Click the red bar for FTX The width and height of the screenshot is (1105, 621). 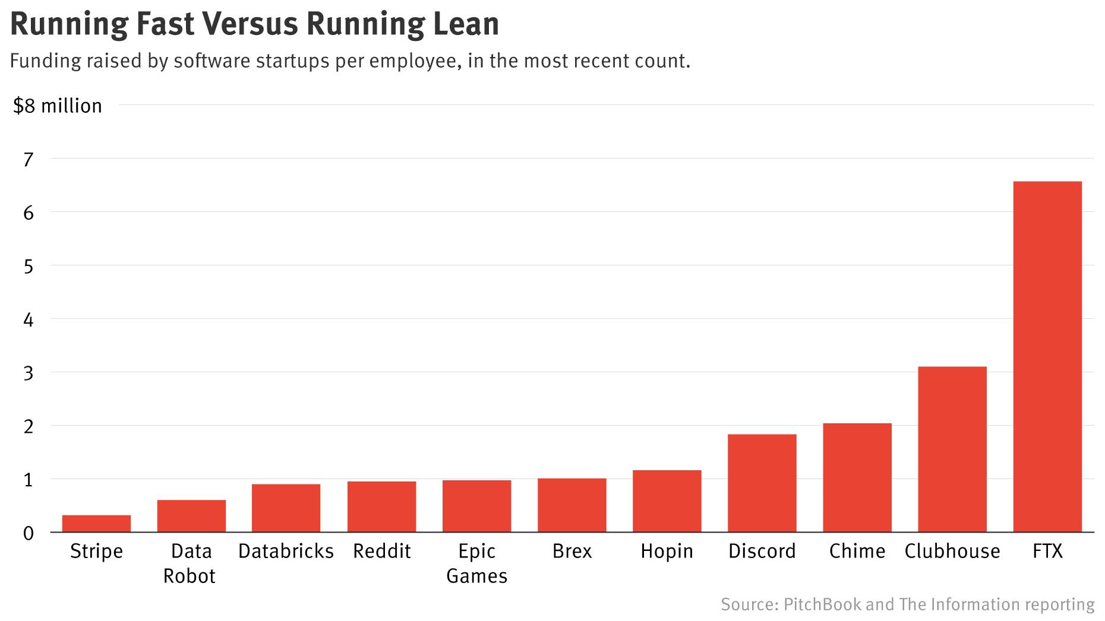pos(1047,356)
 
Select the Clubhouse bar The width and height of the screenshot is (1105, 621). pos(952,449)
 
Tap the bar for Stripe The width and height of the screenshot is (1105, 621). pos(96,524)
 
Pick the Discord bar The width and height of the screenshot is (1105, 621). pos(762,483)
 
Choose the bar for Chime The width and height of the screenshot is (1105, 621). pos(857,478)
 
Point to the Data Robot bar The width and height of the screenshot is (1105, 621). pos(191,516)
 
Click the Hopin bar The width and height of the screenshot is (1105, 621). pos(667,501)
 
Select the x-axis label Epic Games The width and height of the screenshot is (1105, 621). pos(476,563)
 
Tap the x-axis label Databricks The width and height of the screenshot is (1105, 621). pos(286,552)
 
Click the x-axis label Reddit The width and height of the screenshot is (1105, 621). pos(381,552)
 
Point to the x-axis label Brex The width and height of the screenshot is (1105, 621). pos(572,552)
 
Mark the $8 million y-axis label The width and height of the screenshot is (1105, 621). pos(58,106)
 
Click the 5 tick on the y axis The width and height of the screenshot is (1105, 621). pos(29,266)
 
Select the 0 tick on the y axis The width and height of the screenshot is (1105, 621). pos(29,533)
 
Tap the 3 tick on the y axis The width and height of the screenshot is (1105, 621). pos(29,373)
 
